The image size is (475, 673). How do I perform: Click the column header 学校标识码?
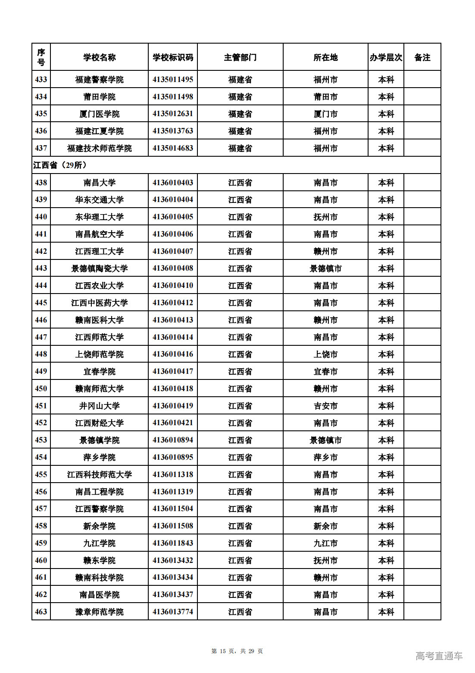[x=172, y=57]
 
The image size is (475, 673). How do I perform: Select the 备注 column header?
[x=422, y=57]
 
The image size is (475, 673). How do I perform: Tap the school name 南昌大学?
[x=99, y=183]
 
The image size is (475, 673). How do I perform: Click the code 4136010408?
[x=172, y=268]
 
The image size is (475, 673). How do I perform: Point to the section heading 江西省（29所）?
[x=60, y=165]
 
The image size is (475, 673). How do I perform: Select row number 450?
[x=41, y=389]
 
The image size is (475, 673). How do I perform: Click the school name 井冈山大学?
[x=99, y=406]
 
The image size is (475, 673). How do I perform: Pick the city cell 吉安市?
[x=325, y=406]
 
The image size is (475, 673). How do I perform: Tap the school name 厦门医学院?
[x=99, y=114]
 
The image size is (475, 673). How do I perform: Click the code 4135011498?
[x=172, y=97]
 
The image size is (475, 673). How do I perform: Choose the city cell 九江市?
[x=325, y=543]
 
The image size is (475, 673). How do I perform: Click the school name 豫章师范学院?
[x=99, y=612]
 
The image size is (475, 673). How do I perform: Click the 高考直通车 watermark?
[x=439, y=656]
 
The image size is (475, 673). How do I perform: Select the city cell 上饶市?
[x=325, y=354]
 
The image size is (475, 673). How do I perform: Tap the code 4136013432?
[x=172, y=560]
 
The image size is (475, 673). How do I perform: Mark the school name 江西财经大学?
[x=99, y=423]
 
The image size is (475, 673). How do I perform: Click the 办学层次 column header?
[x=386, y=57]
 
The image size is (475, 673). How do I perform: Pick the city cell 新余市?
[x=325, y=526]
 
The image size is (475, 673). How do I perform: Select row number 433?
[x=41, y=79]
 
